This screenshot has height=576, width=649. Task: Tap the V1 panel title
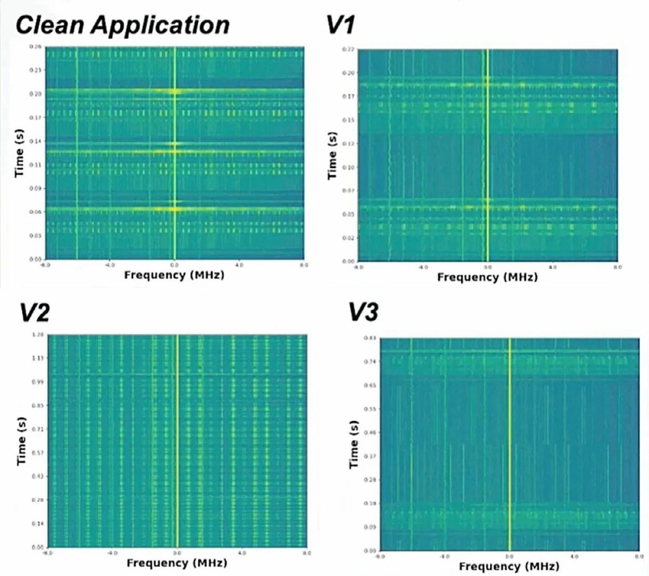339,26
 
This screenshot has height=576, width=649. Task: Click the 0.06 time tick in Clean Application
37,211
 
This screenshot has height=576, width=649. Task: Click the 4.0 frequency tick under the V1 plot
552,267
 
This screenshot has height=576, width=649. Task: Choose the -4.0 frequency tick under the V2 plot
112,553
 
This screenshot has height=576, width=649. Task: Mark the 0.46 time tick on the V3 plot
372,432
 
